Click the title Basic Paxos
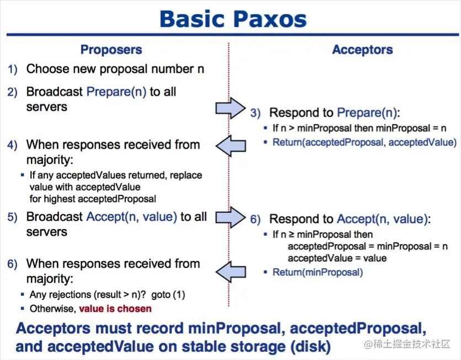click(232, 19)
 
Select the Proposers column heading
click(111, 50)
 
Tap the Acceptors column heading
click(362, 50)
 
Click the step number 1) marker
click(13, 70)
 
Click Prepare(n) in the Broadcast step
click(116, 92)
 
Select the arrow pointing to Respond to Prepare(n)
click(230, 108)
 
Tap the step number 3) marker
click(255, 113)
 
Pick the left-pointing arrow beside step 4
click(230, 146)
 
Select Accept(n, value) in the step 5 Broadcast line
click(131, 217)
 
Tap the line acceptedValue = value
click(337, 258)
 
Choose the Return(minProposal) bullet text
click(317, 272)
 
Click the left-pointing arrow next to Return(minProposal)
click(230, 272)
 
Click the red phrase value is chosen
click(115, 309)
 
